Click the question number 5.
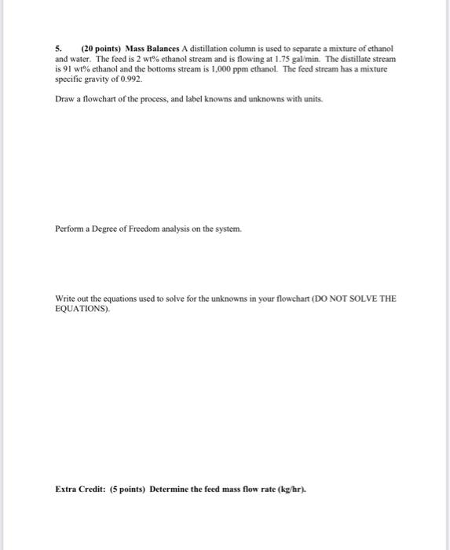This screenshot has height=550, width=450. [x=57, y=49]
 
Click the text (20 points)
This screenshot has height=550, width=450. [x=101, y=49]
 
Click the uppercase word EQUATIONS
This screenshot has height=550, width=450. [x=82, y=310]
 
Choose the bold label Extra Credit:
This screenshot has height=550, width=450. [x=80, y=488]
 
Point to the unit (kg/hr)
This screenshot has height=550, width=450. [x=290, y=488]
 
